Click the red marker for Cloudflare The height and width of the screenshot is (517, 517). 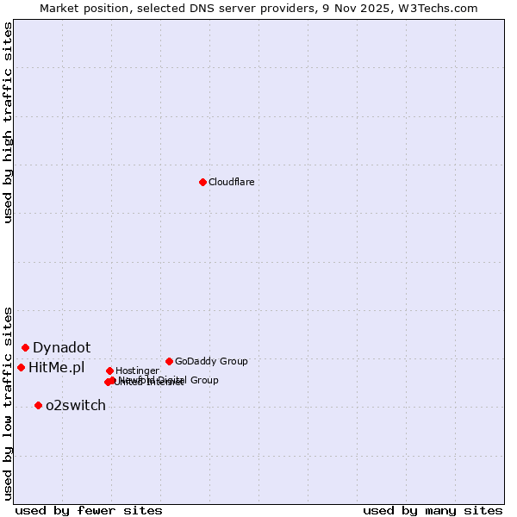coord(202,182)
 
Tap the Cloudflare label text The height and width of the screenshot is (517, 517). coord(231,182)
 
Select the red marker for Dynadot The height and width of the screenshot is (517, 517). coord(26,347)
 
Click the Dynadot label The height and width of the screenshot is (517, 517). coord(61,348)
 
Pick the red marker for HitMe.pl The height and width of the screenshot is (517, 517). coord(21,367)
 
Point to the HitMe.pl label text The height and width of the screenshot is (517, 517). coord(57,368)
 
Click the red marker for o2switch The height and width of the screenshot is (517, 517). coord(38,405)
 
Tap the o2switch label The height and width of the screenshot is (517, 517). coord(75,406)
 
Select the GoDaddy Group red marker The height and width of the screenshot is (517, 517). coord(169,361)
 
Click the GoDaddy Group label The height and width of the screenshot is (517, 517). coord(211,361)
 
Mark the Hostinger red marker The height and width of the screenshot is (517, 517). coord(109,371)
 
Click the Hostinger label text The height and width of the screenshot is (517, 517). coord(137,371)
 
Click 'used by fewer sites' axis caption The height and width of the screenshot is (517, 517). coord(89,511)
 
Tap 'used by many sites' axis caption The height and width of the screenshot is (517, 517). coord(433,511)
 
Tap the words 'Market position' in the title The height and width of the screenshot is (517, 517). coord(85,8)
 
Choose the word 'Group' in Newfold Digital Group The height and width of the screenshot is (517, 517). coord(204,380)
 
